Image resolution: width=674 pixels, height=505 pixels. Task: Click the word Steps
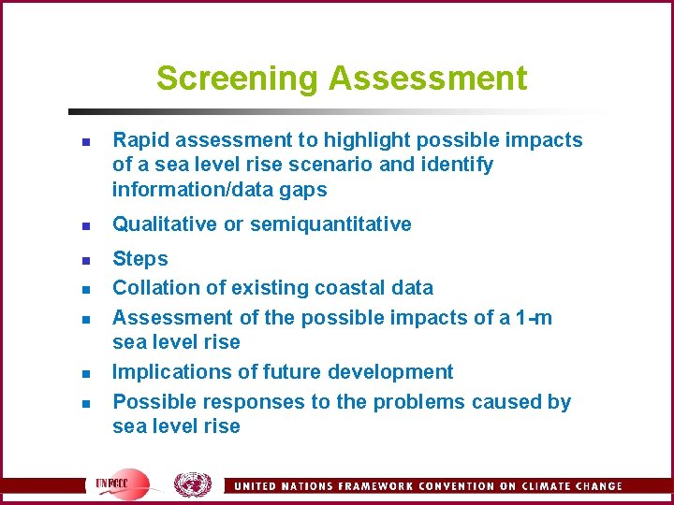pos(140,259)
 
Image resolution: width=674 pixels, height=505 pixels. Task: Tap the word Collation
pos(149,288)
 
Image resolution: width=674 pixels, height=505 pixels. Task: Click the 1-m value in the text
pos(535,318)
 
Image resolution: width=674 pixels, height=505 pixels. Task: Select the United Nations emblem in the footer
pos(193,483)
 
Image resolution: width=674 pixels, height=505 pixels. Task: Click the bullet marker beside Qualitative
pos(83,225)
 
